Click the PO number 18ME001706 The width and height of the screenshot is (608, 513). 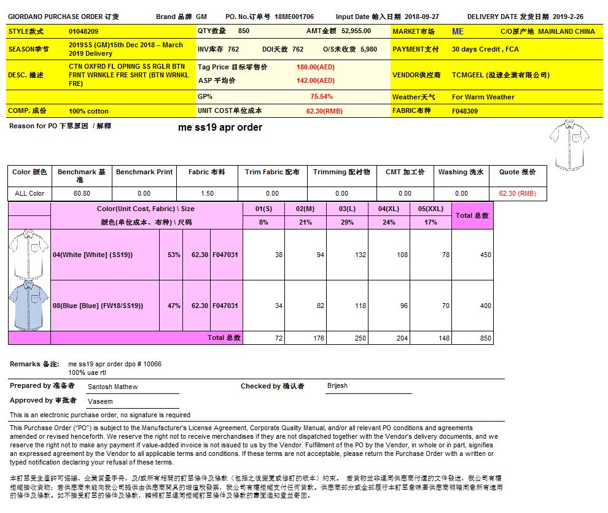294,17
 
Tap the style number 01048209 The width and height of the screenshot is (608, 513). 84,31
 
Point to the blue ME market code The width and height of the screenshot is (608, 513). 458,31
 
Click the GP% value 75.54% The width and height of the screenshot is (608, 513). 321,96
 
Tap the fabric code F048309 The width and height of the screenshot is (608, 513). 464,111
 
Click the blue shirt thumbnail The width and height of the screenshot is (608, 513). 29,305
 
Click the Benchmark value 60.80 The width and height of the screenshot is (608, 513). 82,193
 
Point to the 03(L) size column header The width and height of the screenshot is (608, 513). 347,209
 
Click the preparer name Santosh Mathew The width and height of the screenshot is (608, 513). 112,387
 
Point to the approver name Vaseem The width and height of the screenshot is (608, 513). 100,401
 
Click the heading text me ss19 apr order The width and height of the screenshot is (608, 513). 220,128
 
